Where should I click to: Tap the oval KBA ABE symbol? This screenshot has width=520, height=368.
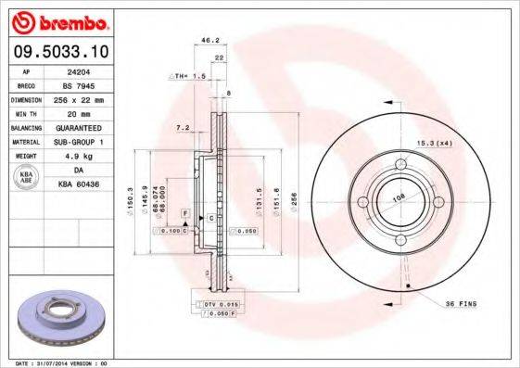point(27,177)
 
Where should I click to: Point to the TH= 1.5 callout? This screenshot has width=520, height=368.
point(187,75)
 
